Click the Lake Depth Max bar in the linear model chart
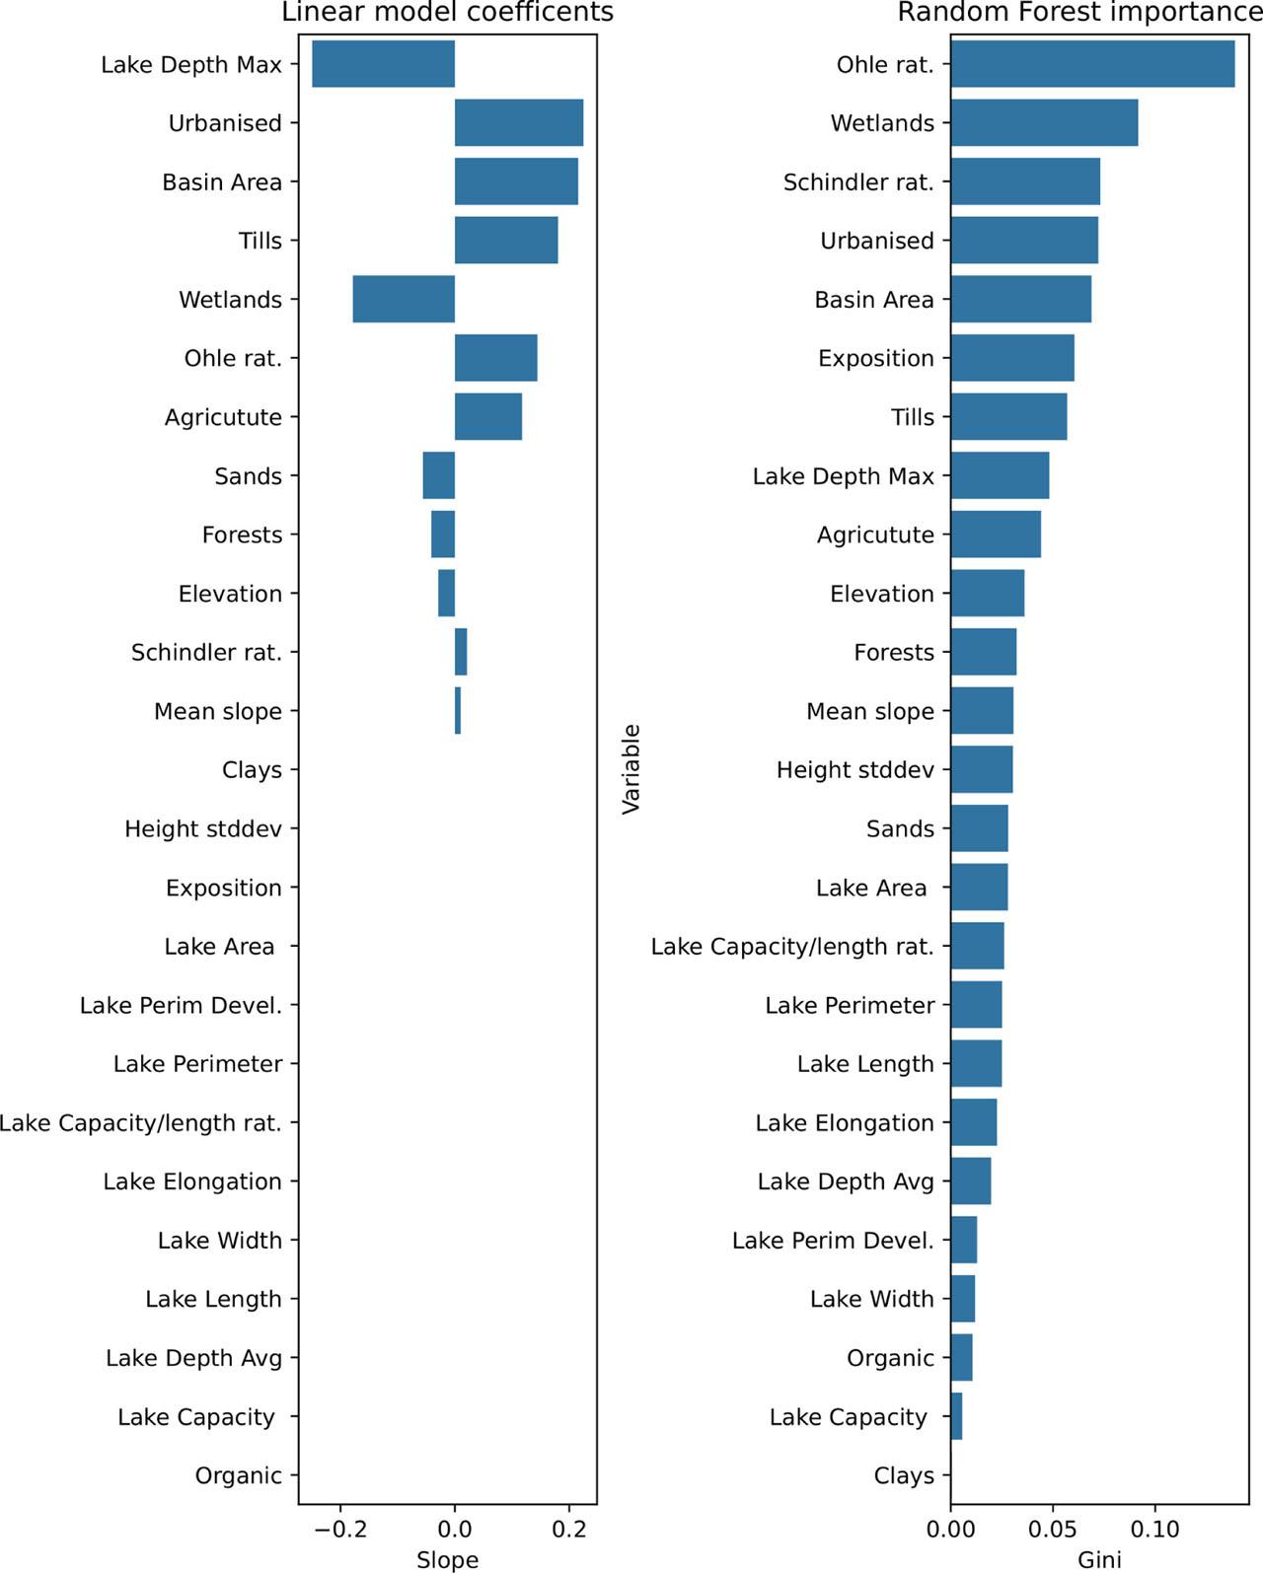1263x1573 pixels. coord(383,64)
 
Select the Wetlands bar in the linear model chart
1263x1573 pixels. coord(404,299)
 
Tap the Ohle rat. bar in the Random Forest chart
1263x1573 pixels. coord(1092,64)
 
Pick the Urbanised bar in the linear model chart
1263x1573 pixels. coord(518,123)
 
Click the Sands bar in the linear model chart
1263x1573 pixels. coord(439,475)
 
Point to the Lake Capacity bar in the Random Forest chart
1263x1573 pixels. coord(956,1416)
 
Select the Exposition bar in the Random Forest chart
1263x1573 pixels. coord(1012,358)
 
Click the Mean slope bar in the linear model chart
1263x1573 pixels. coord(458,711)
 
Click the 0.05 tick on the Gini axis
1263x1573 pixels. coord(1053,1530)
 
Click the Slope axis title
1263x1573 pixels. coord(447,1559)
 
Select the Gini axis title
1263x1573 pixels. coord(1099,1559)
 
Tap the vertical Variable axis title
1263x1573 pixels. coord(631,769)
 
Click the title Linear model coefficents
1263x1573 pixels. coord(447,13)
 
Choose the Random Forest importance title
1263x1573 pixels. coord(1079,13)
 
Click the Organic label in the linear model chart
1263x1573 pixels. coord(238,1475)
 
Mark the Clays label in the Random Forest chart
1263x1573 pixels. coord(903,1475)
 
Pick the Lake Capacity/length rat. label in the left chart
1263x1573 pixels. coord(141,1122)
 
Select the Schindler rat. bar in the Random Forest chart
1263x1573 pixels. coord(1025,181)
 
